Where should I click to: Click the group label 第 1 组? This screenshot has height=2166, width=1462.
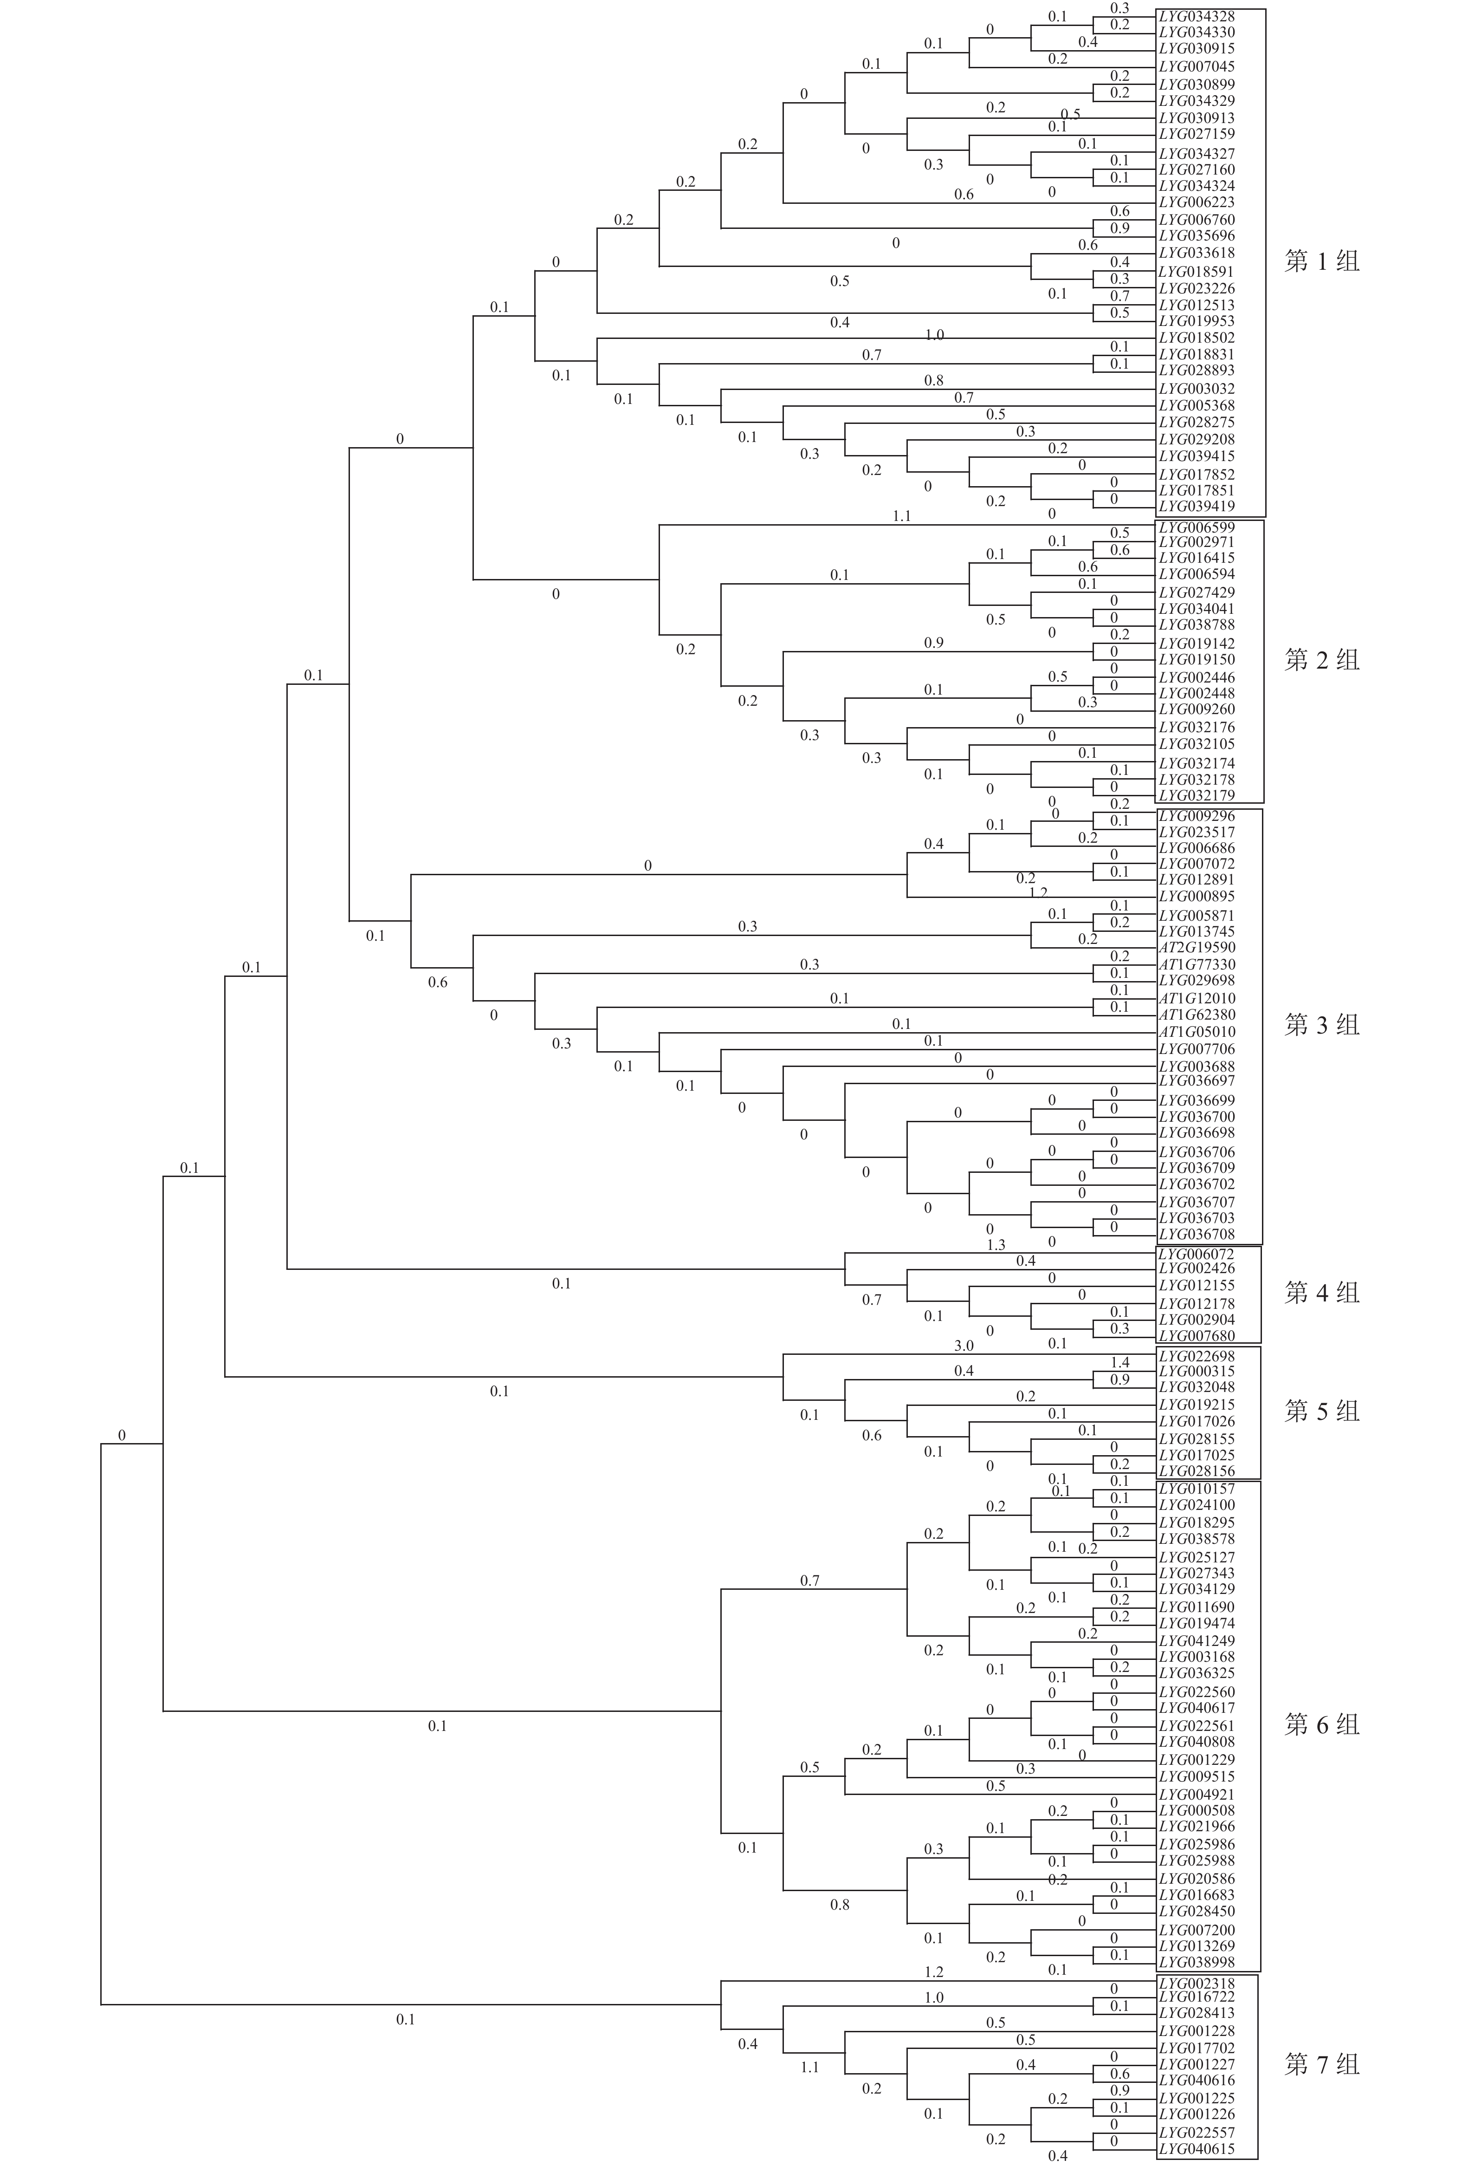(x=1321, y=261)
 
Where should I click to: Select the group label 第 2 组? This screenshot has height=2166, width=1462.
(x=1321, y=660)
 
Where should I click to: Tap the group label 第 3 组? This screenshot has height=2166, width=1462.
(x=1321, y=1024)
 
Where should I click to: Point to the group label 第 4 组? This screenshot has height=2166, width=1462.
(x=1321, y=1292)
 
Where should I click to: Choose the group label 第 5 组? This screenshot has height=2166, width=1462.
(x=1321, y=1410)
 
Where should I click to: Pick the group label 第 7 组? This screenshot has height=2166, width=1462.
(x=1321, y=2064)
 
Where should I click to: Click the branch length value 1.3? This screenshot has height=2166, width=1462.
(x=996, y=1244)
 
